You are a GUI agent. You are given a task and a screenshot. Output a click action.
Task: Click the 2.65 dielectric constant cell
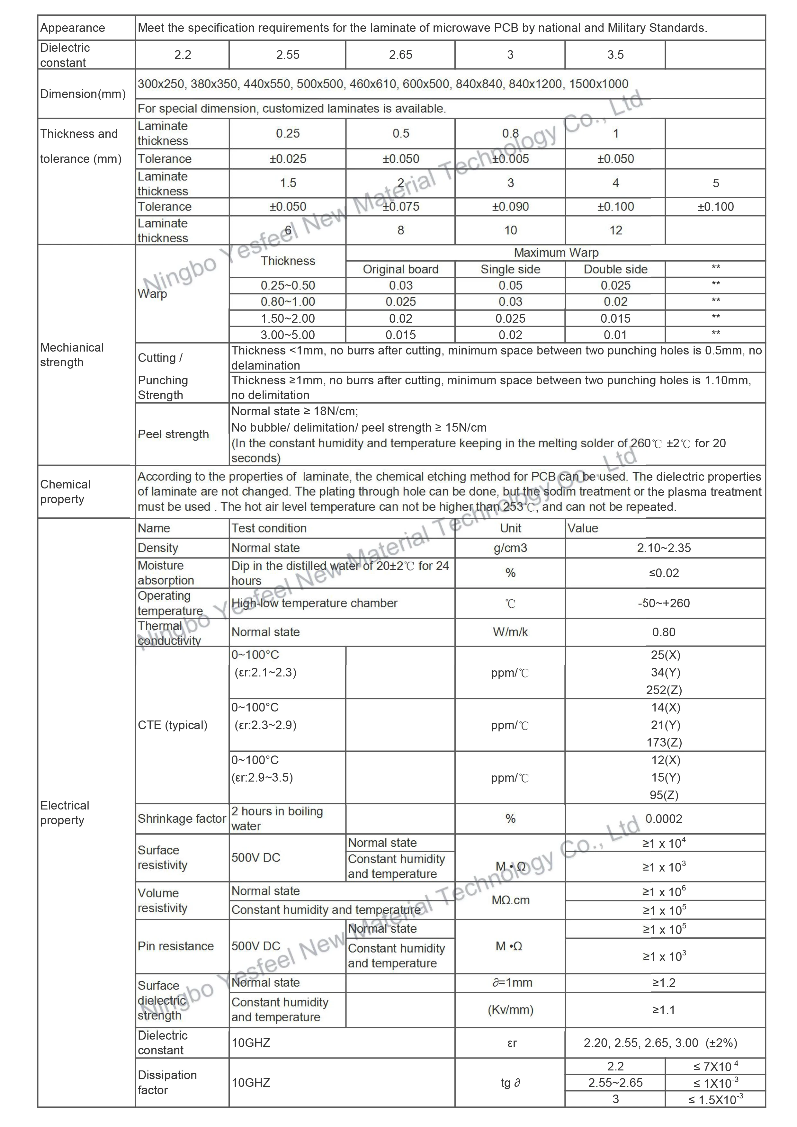[400, 55]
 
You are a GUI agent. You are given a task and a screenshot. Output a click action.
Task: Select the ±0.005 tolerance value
[510, 159]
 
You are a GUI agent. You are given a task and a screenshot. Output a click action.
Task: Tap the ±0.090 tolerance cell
[510, 207]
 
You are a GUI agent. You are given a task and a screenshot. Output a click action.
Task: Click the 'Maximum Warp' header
[556, 253]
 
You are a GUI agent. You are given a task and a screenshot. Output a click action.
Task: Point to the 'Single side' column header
[510, 270]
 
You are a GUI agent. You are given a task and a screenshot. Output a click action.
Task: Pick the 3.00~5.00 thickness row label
[288, 335]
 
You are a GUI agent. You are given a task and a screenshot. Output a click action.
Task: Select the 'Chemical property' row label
[65, 492]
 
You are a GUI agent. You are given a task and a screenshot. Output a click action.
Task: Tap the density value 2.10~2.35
[664, 548]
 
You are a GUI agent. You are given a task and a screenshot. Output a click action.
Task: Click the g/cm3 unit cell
[510, 548]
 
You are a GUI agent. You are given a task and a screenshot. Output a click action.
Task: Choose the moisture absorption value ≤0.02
[664, 573]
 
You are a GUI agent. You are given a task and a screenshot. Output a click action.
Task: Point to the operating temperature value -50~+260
[664, 603]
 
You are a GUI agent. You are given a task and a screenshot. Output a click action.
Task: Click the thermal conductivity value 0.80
[664, 632]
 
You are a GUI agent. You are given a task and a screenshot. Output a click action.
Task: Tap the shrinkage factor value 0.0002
[664, 819]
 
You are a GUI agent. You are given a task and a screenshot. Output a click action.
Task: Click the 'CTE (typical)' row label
[172, 725]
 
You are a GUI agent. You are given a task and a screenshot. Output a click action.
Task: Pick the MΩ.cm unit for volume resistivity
[510, 900]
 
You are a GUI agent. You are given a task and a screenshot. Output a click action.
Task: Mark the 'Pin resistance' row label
[176, 946]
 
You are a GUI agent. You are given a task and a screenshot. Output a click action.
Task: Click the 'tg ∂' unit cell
[510, 1083]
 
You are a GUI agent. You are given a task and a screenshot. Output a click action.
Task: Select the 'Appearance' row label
[73, 28]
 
